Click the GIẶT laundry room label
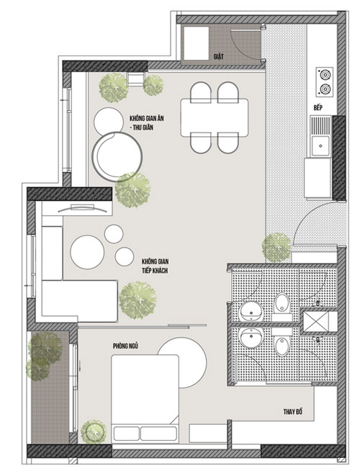pyautogui.click(x=218, y=56)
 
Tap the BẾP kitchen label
pyautogui.click(x=318, y=108)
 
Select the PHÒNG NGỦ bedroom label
pyautogui.click(x=125, y=346)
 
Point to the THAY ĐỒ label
pyautogui.click(x=293, y=412)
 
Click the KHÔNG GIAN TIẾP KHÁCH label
pyautogui.click(x=155, y=266)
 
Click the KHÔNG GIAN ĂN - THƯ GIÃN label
pyautogui.click(x=146, y=122)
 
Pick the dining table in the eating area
pyautogui.click(x=215, y=117)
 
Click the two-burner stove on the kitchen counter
pyautogui.click(x=325, y=81)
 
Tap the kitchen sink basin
pyautogui.click(x=320, y=145)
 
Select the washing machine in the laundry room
pyautogui.click(x=196, y=42)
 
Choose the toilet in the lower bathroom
pyautogui.click(x=282, y=342)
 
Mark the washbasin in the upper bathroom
pyautogui.click(x=251, y=312)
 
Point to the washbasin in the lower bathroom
pyautogui.click(x=251, y=337)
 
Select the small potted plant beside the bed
pyautogui.click(x=94, y=431)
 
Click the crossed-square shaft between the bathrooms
pyautogui.click(x=316, y=321)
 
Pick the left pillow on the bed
pyautogui.click(x=126, y=434)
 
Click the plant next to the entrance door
pyautogui.click(x=276, y=248)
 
